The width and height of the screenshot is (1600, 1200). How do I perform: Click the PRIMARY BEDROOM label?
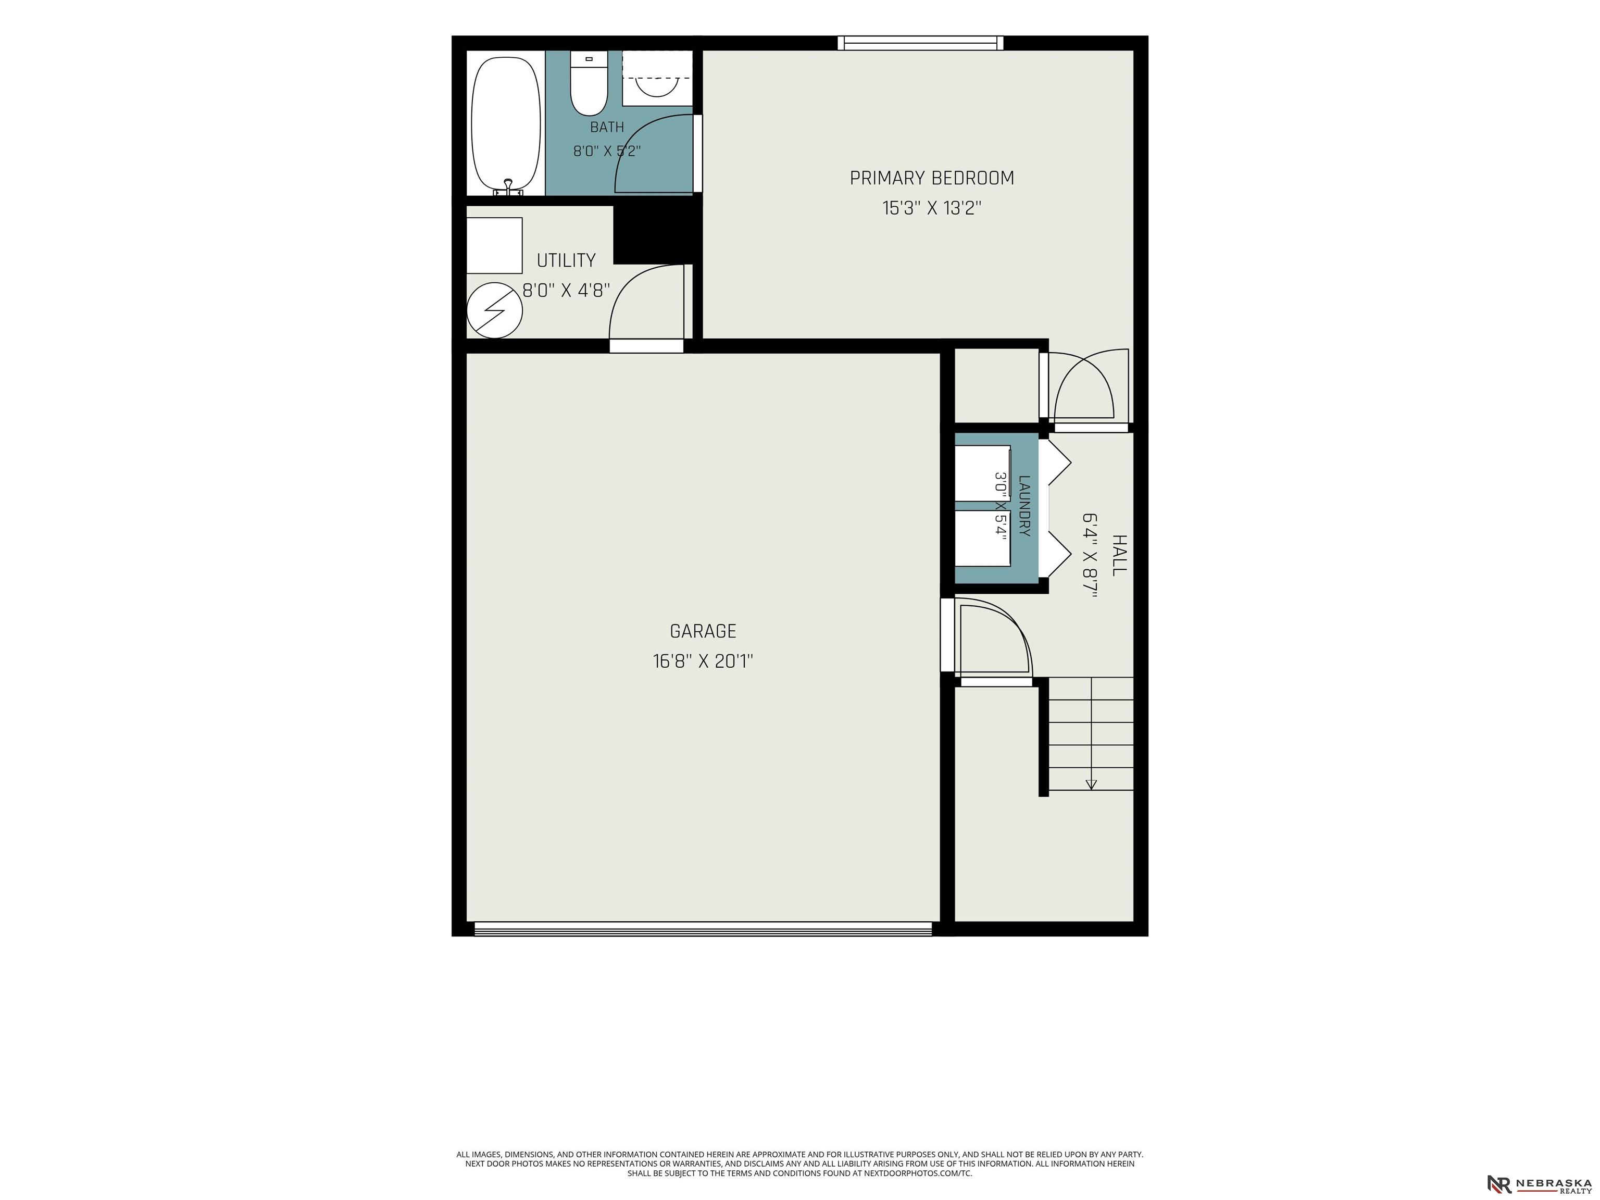pos(932,178)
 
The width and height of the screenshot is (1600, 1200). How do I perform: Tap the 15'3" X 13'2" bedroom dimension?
pos(932,208)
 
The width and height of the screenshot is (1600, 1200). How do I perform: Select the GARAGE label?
pos(703,631)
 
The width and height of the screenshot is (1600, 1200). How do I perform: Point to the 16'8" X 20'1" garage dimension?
pos(703,661)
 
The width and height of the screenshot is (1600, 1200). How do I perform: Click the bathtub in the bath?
pos(506,123)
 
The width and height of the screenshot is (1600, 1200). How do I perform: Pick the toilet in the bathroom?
pos(589,83)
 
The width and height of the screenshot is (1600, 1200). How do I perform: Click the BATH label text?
pos(607,127)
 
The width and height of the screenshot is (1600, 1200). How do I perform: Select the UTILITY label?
pos(566,260)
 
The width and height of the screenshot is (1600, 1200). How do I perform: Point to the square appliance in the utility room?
pos(494,245)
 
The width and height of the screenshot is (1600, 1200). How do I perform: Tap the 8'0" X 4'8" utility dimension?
pos(566,290)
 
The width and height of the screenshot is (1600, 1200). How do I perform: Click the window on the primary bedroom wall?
pos(920,43)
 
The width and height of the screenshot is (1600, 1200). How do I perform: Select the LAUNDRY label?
pos(1024,506)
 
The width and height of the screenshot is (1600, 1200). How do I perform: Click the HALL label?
pos(1119,556)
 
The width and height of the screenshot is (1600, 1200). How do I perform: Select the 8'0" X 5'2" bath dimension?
pos(607,151)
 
